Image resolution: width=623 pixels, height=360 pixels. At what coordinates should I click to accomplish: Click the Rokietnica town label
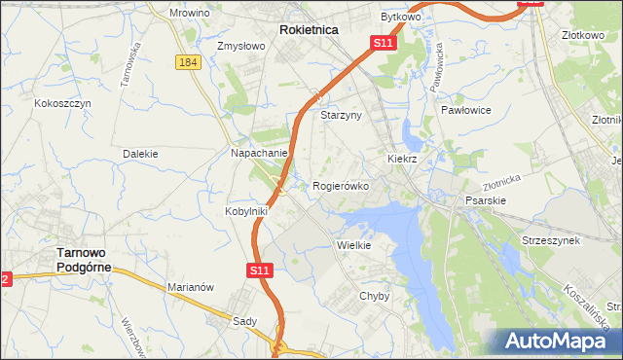coord(309,30)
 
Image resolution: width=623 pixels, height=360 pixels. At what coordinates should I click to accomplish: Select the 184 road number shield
coord(189,62)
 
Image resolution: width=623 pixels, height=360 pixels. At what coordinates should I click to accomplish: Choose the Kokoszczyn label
coord(62,103)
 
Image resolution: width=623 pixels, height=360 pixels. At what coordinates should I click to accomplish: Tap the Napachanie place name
coord(259,154)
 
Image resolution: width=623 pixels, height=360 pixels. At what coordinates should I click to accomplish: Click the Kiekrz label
coord(402,158)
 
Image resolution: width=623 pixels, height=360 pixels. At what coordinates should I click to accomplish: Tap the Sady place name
coord(244,320)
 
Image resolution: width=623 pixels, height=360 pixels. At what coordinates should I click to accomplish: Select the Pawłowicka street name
coord(436,67)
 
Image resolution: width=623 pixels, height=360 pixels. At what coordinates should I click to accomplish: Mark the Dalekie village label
coord(140,154)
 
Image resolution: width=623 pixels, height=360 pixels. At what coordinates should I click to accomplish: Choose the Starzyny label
coord(341,115)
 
